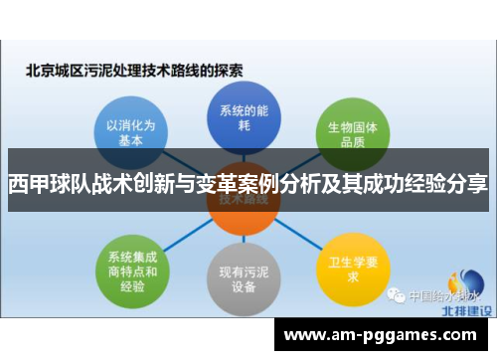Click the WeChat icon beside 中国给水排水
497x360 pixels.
coord(396,294)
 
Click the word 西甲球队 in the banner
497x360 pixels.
coord(42,183)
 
